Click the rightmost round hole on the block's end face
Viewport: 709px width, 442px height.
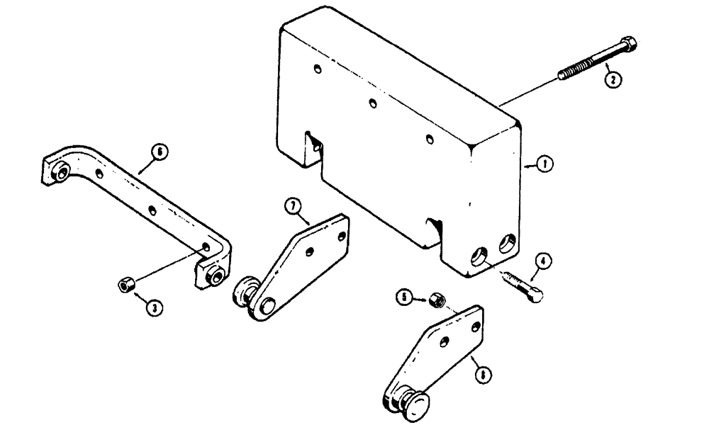pyautogui.click(x=508, y=243)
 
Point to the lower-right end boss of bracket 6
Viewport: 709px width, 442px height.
pyautogui.click(x=213, y=276)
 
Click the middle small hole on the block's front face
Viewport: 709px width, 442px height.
pyautogui.click(x=372, y=103)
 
